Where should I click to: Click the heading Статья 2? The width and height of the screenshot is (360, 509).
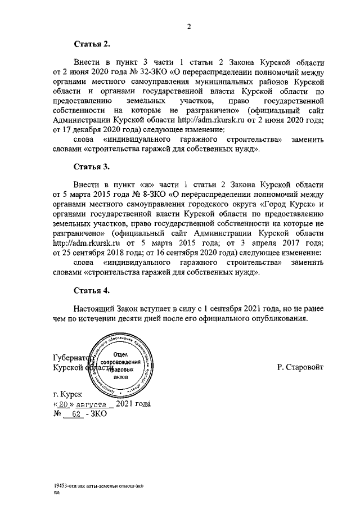click(x=92, y=43)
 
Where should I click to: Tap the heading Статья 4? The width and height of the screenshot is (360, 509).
click(x=92, y=290)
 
